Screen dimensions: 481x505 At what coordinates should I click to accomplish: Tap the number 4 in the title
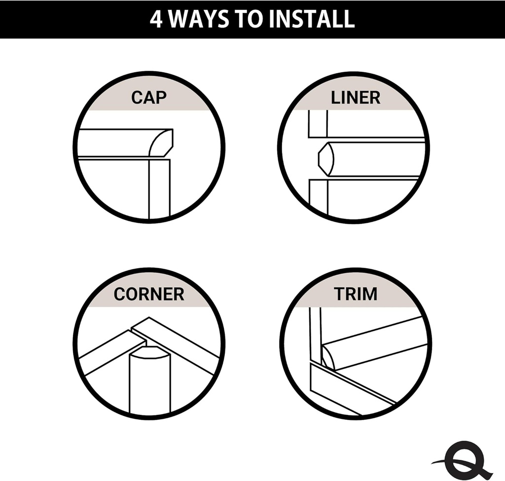(156, 19)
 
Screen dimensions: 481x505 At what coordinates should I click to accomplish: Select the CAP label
(148, 97)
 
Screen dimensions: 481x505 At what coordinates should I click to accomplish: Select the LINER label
(355, 97)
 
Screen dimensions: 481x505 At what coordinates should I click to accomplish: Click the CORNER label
(148, 294)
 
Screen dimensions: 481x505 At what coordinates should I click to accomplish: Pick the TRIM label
(355, 294)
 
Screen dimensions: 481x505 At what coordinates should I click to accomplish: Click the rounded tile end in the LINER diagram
(326, 159)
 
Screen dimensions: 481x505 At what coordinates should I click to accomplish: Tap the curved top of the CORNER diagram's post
(149, 353)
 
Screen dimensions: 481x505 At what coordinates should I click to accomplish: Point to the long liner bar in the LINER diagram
(377, 159)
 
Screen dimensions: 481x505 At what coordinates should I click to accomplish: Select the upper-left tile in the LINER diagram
(318, 123)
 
